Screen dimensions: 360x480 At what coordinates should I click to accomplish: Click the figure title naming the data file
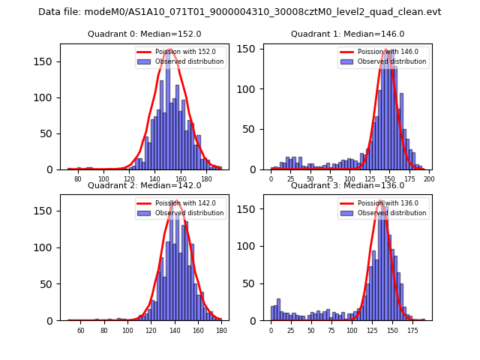pyautogui.click(x=239, y=12)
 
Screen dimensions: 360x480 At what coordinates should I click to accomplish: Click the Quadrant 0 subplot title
pyautogui.click(x=144, y=34)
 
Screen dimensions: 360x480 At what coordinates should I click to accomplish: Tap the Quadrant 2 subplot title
pyautogui.click(x=144, y=185)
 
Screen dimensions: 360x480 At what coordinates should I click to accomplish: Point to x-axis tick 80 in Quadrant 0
pyautogui.click(x=78, y=178)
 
